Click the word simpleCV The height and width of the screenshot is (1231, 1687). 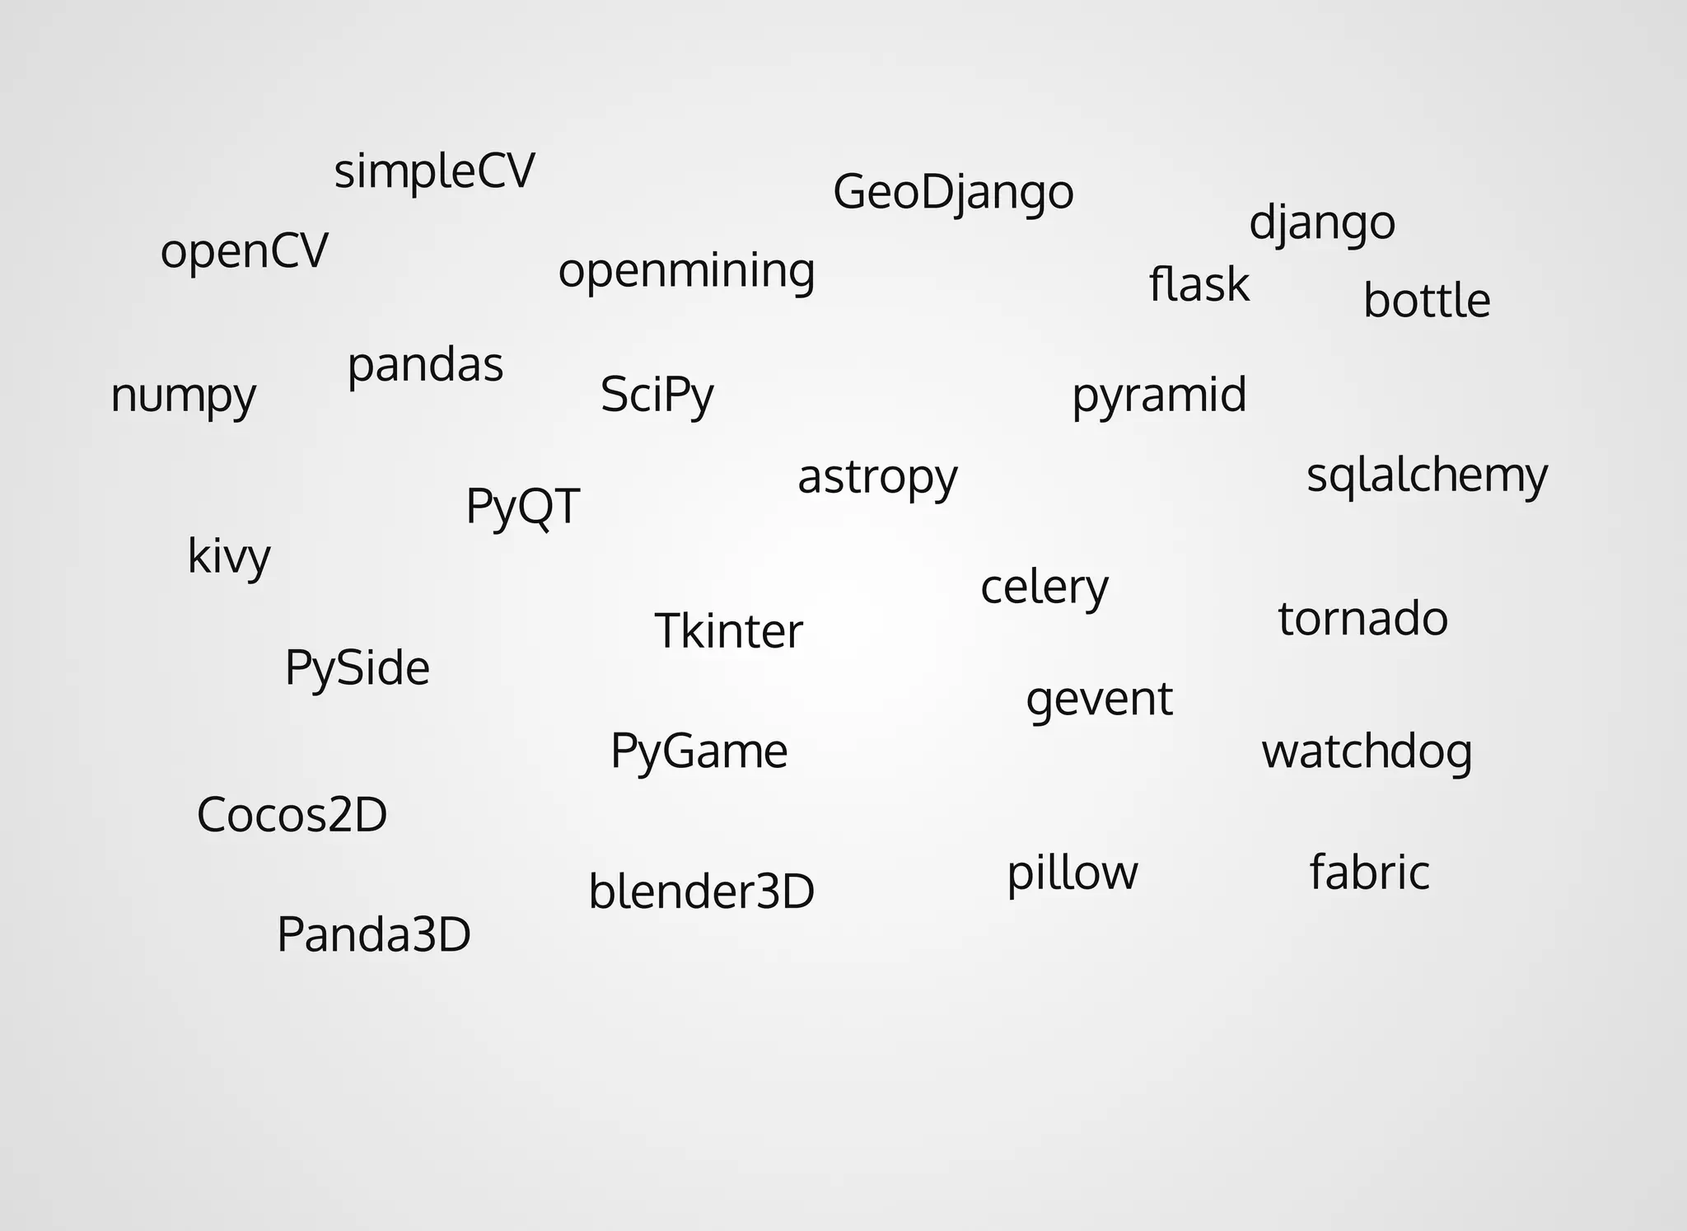(x=434, y=171)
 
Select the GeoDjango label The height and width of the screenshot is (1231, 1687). (x=953, y=192)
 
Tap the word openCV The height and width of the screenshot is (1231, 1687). (x=244, y=250)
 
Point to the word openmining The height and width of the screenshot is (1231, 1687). (x=686, y=270)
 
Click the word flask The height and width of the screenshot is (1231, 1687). (x=1199, y=284)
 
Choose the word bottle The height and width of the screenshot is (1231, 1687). (x=1426, y=300)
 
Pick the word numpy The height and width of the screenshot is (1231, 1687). (x=183, y=396)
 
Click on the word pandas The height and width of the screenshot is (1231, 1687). (x=425, y=365)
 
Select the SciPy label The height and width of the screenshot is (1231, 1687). (x=657, y=395)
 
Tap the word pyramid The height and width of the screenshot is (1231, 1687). (x=1159, y=395)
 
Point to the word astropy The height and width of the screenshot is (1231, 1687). (x=877, y=477)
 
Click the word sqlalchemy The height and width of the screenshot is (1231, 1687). (x=1427, y=475)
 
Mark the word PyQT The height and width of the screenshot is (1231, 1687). (x=522, y=505)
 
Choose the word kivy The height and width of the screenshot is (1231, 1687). (x=229, y=556)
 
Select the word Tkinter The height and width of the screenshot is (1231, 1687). (x=728, y=631)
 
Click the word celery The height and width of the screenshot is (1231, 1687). (x=1044, y=587)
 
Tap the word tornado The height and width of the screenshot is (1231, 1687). (x=1362, y=618)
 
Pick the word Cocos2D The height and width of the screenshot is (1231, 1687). (x=292, y=815)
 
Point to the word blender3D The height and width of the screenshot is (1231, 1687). (x=701, y=892)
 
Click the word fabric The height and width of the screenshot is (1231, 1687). (x=1369, y=872)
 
